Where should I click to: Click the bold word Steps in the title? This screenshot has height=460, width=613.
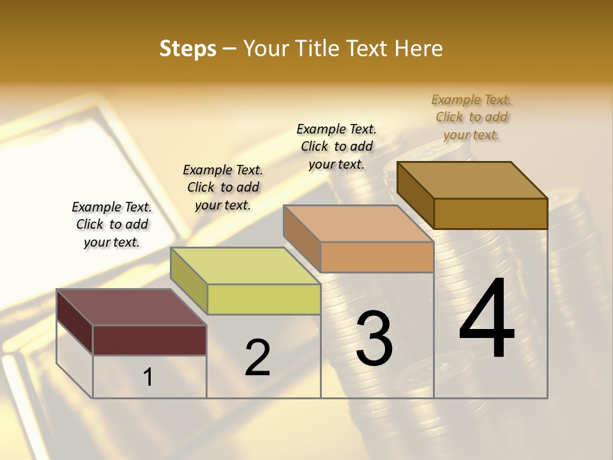188,49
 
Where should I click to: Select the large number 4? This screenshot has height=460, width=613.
487,319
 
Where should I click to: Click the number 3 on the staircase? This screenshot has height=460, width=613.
374,339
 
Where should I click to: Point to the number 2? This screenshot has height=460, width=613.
257,357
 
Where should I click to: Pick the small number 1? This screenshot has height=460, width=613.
148,378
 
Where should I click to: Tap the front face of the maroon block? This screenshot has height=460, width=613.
149,340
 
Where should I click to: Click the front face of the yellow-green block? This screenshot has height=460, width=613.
264,299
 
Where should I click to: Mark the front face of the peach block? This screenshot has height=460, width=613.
377,257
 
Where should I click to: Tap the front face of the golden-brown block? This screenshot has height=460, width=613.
490,213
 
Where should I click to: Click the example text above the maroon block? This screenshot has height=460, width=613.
112,224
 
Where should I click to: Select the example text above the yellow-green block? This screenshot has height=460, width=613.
223,187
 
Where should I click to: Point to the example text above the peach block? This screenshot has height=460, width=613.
337,146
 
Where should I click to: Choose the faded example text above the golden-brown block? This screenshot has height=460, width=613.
471,117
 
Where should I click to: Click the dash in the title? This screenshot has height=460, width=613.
230,49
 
